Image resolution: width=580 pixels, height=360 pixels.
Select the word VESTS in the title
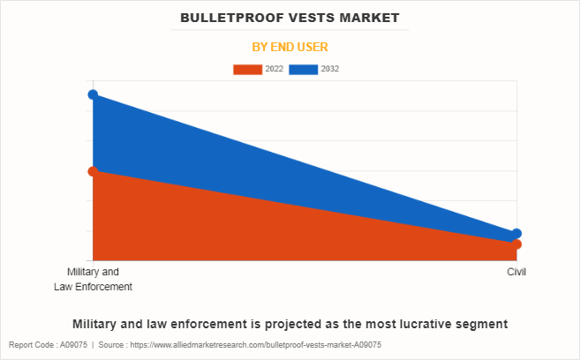(304, 17)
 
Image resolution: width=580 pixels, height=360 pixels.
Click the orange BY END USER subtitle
(290, 46)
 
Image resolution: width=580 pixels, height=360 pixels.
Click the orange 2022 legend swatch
(247, 69)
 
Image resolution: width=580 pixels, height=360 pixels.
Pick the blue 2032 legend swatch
(305, 69)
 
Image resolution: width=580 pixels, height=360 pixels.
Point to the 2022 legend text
(274, 69)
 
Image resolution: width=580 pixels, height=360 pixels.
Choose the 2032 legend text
(330, 69)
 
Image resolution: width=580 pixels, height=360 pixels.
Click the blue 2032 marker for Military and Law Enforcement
(93, 94)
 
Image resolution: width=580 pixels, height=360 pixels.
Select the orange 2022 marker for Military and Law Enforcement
(93, 171)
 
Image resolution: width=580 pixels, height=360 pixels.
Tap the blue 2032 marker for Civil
(516, 234)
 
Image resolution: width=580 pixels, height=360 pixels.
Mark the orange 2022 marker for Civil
(516, 244)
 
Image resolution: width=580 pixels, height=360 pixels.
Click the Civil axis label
(516, 273)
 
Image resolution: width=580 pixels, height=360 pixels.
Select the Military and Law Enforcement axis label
(93, 280)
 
